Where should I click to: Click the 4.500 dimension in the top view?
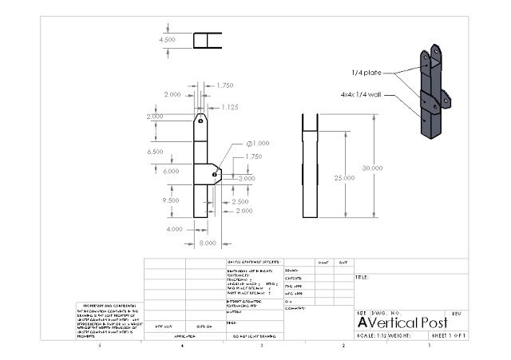[x=168, y=39]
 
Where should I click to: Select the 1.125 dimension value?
[x=230, y=107]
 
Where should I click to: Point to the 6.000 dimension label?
[x=171, y=171]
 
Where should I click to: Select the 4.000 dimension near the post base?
[x=173, y=229]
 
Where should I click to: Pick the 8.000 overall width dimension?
[x=208, y=242]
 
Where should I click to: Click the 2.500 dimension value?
[x=240, y=202]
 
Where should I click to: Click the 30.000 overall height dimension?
[x=372, y=168]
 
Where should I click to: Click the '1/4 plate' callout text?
[x=366, y=73]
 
